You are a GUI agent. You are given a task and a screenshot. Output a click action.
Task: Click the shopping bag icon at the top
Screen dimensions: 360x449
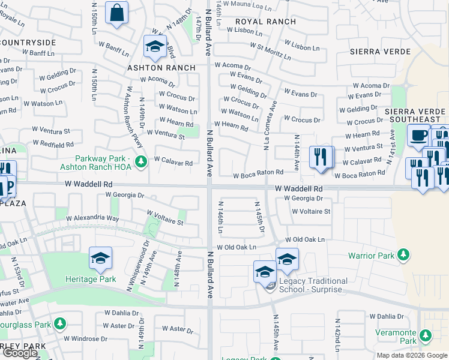(x=116, y=13)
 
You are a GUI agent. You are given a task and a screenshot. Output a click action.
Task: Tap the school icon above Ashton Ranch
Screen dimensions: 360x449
(x=155, y=47)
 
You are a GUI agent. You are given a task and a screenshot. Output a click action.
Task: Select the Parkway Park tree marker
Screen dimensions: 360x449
(x=140, y=161)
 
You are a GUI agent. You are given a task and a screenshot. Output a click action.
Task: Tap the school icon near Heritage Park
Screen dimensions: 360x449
(x=100, y=259)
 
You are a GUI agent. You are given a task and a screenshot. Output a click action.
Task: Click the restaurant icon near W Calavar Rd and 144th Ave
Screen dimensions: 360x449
(x=321, y=158)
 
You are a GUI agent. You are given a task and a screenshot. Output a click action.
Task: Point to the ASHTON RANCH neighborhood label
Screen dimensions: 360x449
(x=161, y=68)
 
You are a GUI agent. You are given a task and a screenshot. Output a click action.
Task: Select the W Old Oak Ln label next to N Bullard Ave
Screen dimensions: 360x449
(x=237, y=247)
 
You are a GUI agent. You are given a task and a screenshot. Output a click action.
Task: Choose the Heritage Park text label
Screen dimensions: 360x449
(x=91, y=279)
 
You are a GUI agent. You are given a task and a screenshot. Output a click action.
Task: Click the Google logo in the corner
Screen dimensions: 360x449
(x=20, y=353)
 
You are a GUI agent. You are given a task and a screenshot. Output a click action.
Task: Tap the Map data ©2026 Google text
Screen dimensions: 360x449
(x=411, y=355)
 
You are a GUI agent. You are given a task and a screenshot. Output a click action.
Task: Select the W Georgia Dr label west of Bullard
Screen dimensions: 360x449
(x=125, y=195)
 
